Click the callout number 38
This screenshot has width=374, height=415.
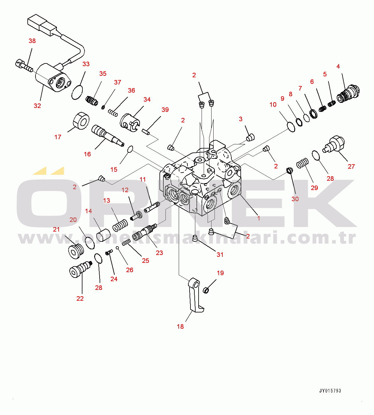point(32,41)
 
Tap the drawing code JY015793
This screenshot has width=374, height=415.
point(330,391)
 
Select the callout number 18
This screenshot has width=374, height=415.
point(180,327)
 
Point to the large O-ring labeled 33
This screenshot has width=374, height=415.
point(77,92)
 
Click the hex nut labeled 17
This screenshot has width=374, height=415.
point(81,121)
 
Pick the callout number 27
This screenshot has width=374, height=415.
point(351,167)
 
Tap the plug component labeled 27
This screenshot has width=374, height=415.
point(334,144)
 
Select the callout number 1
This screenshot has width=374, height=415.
point(258,218)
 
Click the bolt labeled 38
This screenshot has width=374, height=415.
point(23,66)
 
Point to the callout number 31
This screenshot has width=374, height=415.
point(220,255)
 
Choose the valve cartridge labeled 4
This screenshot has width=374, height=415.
point(349,94)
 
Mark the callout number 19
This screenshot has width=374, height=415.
point(220,273)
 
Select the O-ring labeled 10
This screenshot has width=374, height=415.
point(291,127)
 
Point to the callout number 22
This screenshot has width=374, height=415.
point(80,299)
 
